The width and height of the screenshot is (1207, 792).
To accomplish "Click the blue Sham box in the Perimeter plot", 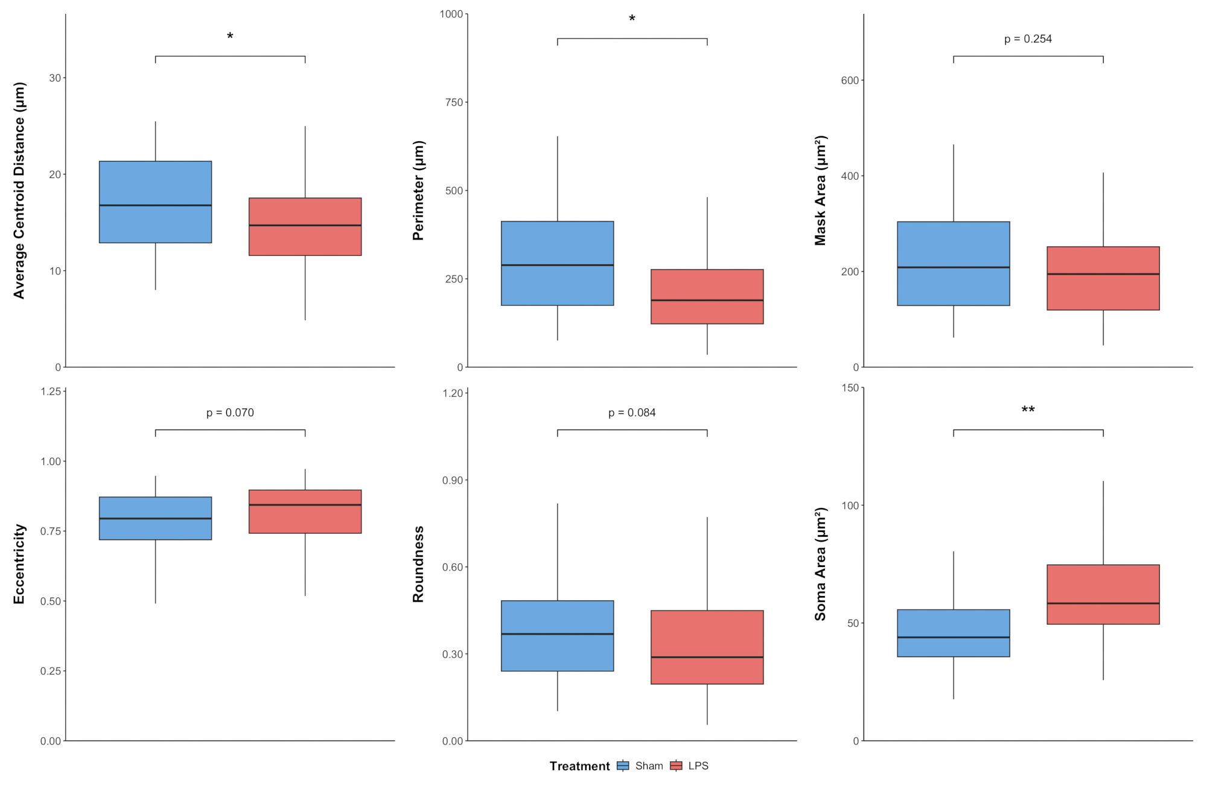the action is [557, 264].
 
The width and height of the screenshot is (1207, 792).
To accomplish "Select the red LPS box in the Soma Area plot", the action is [1103, 594].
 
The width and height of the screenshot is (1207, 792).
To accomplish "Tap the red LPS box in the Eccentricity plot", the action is [305, 512].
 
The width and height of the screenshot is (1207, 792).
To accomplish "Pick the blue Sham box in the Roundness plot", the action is [557, 636].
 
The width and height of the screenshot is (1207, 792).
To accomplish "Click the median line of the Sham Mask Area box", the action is [954, 267].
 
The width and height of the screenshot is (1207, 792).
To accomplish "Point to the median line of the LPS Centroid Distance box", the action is [305, 226].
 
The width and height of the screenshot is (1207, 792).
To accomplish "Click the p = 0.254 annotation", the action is [1028, 39].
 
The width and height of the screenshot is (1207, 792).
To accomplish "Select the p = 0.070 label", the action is [230, 413].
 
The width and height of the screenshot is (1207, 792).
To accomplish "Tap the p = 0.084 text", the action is [632, 413].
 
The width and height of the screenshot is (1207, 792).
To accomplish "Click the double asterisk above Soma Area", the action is [1028, 410].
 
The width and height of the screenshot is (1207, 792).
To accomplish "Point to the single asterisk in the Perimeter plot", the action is [632, 19].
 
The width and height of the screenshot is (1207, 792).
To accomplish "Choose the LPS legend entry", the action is [689, 766].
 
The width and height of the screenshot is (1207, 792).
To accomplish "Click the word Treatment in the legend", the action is [579, 766].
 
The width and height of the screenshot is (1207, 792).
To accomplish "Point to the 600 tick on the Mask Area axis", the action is [850, 80].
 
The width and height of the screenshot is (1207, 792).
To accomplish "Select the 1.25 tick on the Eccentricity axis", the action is [51, 391].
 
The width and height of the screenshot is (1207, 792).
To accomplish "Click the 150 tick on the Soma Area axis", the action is [850, 388].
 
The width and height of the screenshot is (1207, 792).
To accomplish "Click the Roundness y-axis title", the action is [418, 564].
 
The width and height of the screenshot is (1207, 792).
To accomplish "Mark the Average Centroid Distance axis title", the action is [19, 191].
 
